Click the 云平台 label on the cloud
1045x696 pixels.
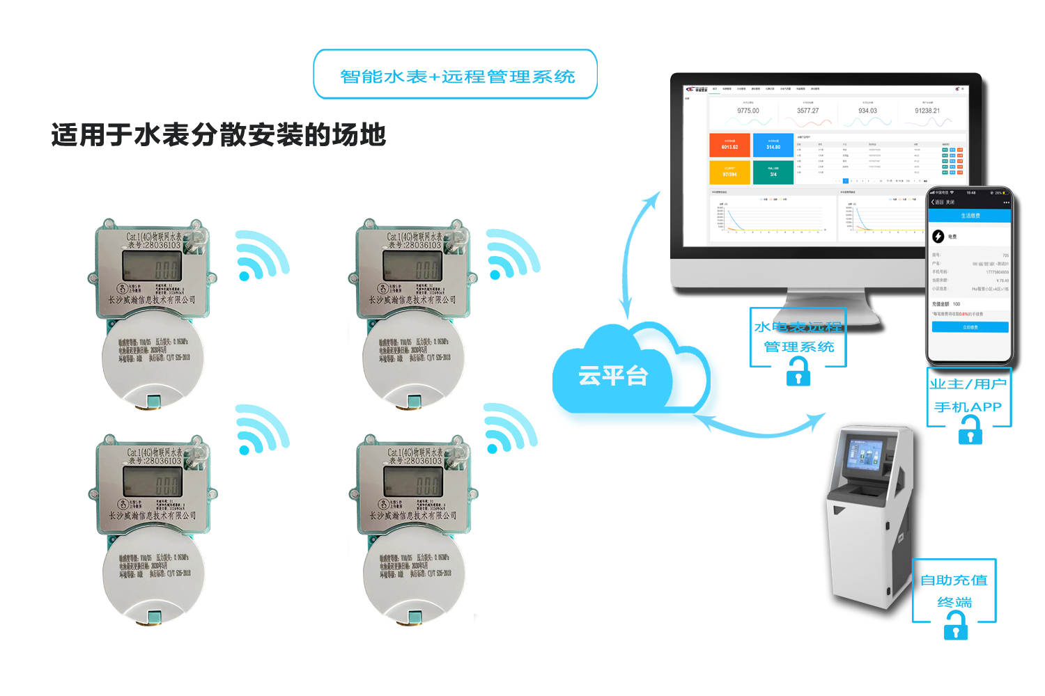tap(613, 376)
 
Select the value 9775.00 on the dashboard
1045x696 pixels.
tap(748, 111)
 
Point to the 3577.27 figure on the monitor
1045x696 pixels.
tap(808, 111)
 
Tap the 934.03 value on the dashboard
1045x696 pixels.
tap(867, 111)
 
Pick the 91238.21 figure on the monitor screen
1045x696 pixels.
tap(927, 111)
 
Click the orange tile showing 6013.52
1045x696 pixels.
tap(729, 145)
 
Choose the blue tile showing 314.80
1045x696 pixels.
tap(773, 145)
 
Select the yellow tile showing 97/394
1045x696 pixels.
tap(729, 172)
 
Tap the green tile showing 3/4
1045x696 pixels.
tap(773, 172)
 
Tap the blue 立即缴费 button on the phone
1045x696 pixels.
tap(970, 327)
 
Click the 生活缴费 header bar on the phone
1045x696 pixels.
tap(970, 216)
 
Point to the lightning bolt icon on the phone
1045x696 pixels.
tap(938, 237)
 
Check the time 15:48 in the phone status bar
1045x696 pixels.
tap(971, 193)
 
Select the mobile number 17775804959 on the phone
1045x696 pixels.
tap(997, 272)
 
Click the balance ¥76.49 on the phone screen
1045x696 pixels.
tap(1003, 280)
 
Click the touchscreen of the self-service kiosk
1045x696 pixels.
tap(864, 457)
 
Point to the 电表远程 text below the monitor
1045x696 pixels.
tap(808, 326)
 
